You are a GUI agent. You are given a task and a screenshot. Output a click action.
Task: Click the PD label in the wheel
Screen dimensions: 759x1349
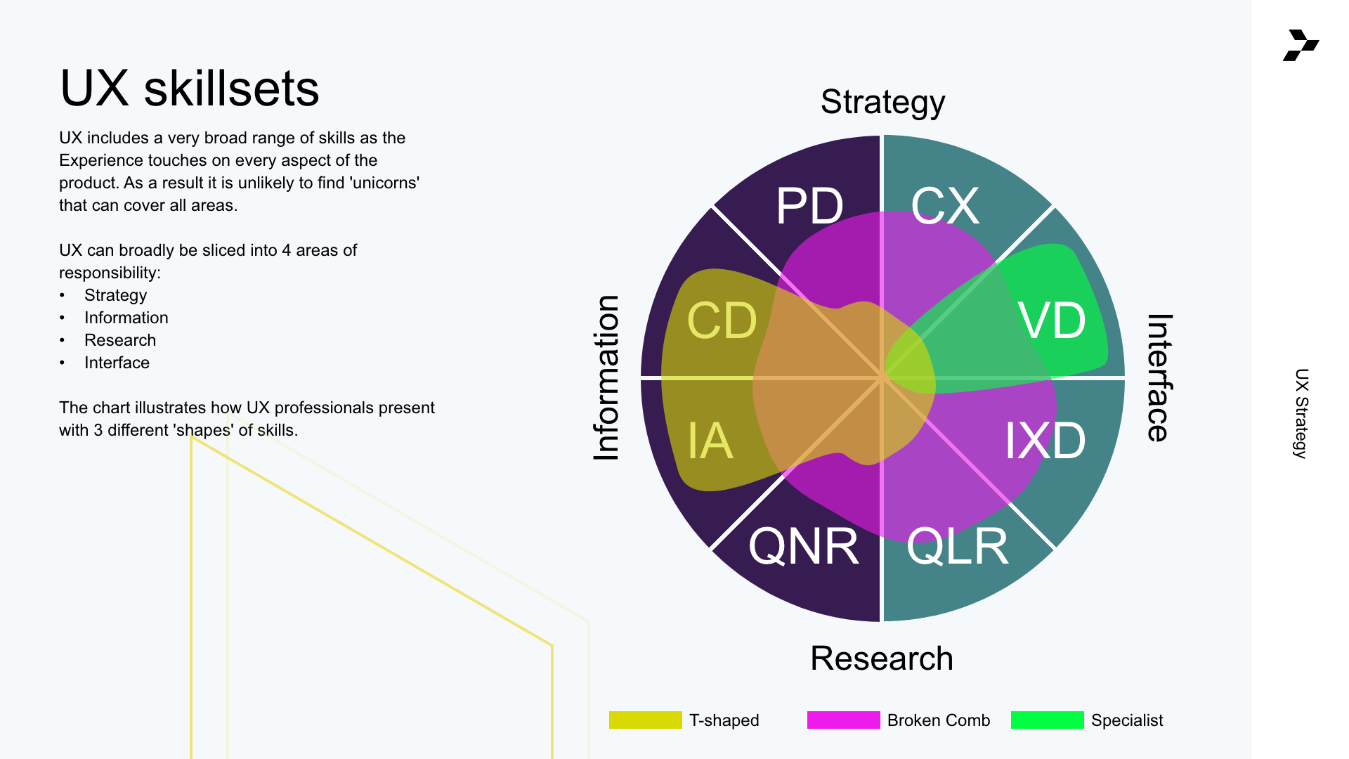(x=809, y=207)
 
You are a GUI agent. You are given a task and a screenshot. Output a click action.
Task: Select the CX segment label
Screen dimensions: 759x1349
(x=945, y=207)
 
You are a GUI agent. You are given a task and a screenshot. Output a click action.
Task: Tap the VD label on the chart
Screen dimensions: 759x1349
(x=1052, y=321)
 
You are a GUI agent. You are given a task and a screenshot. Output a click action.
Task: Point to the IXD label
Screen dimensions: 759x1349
(x=1045, y=441)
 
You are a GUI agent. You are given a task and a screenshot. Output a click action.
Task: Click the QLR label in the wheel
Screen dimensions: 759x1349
(x=958, y=547)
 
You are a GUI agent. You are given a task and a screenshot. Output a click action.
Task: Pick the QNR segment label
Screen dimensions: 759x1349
(x=804, y=547)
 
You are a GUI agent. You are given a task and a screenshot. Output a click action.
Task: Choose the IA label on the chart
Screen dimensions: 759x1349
(x=710, y=441)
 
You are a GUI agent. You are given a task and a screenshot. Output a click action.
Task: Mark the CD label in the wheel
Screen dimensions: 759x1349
(x=722, y=321)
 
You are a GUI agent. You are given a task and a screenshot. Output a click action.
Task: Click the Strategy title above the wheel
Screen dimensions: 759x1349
(x=882, y=103)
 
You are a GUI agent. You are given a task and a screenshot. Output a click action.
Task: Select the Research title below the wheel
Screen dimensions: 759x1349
(x=882, y=659)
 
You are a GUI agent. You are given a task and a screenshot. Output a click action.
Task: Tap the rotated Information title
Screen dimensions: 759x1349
(x=606, y=378)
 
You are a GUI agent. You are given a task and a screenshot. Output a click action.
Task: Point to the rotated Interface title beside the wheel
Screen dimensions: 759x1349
(x=1159, y=378)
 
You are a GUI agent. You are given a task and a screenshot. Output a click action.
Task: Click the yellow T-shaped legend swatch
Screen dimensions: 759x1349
(x=645, y=720)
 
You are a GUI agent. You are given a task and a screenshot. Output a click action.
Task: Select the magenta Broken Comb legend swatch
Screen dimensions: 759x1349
(x=843, y=720)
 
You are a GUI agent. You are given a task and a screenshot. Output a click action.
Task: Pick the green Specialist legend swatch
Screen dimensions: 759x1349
(x=1047, y=720)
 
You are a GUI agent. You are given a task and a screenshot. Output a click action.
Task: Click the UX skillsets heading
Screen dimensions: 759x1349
(x=190, y=89)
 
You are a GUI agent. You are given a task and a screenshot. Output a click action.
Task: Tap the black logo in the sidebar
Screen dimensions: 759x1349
(x=1301, y=46)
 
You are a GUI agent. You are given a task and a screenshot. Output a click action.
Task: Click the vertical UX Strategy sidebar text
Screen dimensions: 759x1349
(x=1301, y=413)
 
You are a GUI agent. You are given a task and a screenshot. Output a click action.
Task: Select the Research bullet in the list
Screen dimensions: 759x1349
(x=120, y=340)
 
